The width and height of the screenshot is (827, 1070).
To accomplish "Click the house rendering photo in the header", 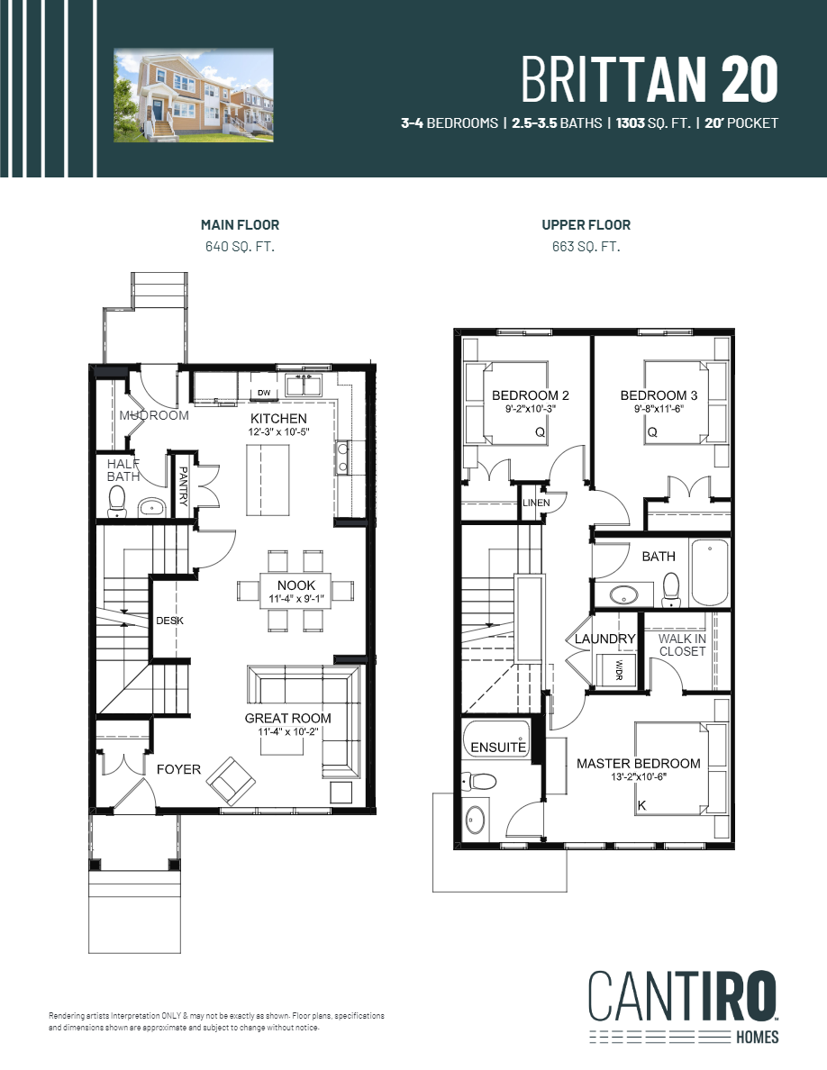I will click(193, 95).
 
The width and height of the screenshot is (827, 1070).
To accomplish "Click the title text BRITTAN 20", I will click(649, 79).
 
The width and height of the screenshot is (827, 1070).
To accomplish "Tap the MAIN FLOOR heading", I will click(240, 225).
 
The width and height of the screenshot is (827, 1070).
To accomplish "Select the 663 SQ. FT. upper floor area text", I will click(586, 246).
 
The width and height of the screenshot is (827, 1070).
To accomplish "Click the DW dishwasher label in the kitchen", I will click(264, 393).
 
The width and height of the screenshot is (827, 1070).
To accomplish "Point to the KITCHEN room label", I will click(278, 419).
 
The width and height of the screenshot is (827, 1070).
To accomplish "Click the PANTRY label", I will click(184, 487).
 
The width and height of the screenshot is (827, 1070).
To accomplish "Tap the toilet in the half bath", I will click(117, 501).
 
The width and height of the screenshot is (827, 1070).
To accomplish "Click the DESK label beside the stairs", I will click(169, 621).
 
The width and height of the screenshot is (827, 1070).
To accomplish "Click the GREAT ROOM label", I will click(287, 718).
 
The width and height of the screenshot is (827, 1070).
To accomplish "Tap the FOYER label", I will click(178, 769).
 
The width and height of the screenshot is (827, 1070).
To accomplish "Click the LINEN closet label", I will click(536, 502).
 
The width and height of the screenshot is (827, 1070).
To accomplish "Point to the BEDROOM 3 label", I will click(658, 395).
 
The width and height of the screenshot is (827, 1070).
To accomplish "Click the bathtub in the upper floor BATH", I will click(709, 573).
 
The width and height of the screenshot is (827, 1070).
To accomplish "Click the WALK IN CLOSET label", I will click(682, 645).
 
